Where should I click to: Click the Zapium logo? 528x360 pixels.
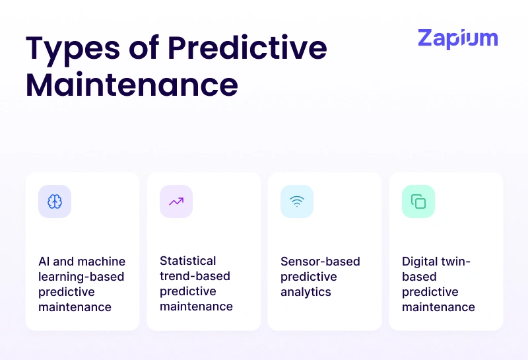[x=457, y=39]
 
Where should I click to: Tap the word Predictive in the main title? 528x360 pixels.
[x=247, y=50]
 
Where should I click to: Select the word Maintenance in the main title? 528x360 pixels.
[x=132, y=85]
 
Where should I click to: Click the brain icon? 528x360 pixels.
[x=55, y=201]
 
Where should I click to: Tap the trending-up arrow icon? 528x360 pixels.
[x=176, y=201]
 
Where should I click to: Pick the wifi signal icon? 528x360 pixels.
[x=297, y=201]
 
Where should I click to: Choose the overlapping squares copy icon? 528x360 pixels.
[x=418, y=201]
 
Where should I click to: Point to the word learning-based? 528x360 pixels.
[x=81, y=277]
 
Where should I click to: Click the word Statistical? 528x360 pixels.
[x=188, y=261]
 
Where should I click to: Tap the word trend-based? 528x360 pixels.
[x=195, y=276]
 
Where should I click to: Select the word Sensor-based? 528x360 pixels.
[x=320, y=262]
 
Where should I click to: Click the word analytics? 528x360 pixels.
[x=306, y=292]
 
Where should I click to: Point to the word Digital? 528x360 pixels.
[x=420, y=262]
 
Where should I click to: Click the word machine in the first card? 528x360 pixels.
[x=99, y=262]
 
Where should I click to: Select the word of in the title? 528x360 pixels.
[x=142, y=50]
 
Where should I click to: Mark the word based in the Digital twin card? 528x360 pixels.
[x=419, y=277]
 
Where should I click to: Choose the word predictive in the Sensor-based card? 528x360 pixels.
[x=309, y=277]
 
